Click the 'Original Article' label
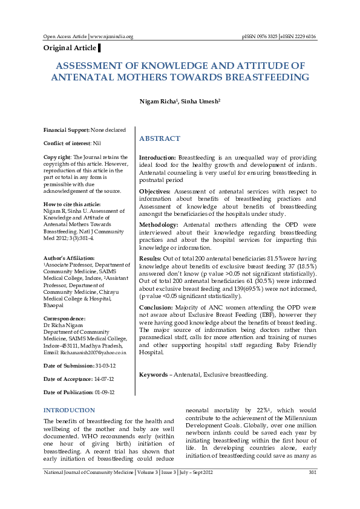point(70,48)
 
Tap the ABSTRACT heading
point(160,138)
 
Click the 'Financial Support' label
point(67,130)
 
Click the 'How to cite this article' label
point(72,204)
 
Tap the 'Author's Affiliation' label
point(69,258)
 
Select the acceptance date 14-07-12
point(104,379)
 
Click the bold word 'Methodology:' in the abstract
point(159,224)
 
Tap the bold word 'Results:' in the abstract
point(150,258)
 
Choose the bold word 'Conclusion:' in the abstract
point(156,306)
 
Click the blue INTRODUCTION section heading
point(69,410)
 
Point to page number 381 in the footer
point(312,472)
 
